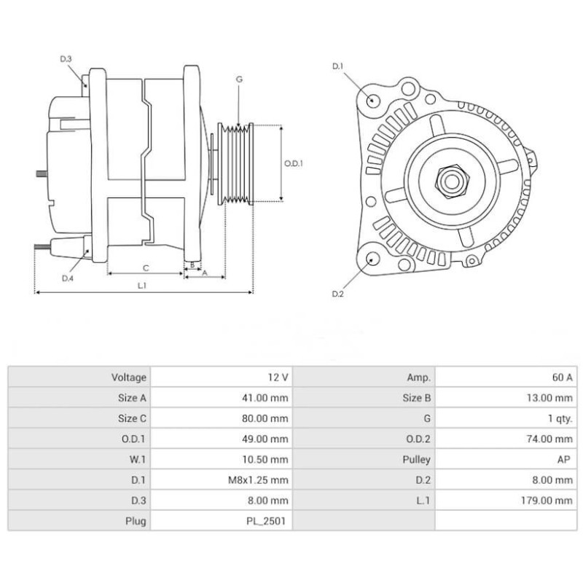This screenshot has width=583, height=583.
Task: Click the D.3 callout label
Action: [66, 58]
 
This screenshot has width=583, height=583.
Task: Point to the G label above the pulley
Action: [238, 79]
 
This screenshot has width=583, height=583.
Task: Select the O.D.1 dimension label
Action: [293, 164]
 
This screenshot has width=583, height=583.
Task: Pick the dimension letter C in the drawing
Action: [145, 267]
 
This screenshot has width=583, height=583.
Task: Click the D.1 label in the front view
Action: [337, 66]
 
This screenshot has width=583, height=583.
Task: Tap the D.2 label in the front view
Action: [337, 294]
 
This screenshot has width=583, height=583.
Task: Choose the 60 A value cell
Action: [561, 377]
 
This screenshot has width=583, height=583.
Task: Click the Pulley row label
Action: [416, 460]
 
